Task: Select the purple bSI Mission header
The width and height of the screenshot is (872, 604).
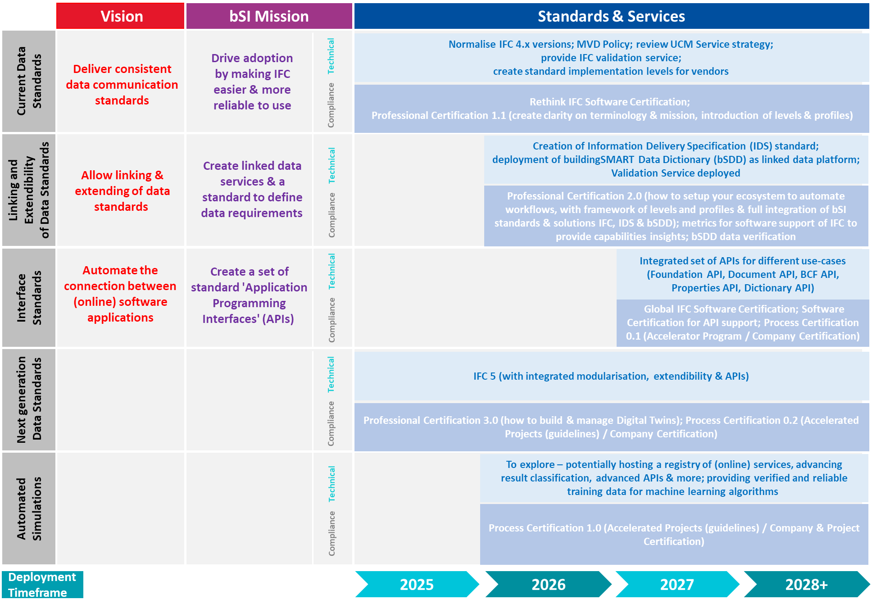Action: pos(269,16)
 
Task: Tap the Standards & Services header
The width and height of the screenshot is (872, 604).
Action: pos(611,16)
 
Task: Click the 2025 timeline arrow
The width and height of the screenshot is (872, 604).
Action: pos(417,584)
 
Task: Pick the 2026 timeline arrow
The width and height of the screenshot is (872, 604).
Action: pos(548,584)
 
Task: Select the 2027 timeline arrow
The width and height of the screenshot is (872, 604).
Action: pos(677,584)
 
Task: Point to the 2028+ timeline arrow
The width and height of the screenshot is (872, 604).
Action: pos(806,584)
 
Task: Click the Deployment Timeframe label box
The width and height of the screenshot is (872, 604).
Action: pos(42,584)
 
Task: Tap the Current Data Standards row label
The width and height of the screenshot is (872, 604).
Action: pos(29,82)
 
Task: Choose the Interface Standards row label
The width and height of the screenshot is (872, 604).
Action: pos(29,298)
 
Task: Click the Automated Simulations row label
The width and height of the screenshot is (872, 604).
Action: pos(29,509)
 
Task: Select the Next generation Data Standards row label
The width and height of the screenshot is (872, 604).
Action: pos(29,400)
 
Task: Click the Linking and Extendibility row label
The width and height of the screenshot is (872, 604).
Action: pos(29,190)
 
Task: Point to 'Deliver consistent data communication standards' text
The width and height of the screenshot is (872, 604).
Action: pos(122,85)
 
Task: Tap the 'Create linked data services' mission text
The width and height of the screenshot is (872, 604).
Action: pos(252,189)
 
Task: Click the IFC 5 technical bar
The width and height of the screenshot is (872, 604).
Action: pos(611,376)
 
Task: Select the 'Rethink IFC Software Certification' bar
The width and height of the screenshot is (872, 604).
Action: pos(611,109)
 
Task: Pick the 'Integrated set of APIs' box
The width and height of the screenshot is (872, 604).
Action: pos(742,274)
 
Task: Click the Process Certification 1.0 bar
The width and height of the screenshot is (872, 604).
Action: pos(674,534)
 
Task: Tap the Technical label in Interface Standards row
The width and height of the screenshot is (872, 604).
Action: pos(332,271)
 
